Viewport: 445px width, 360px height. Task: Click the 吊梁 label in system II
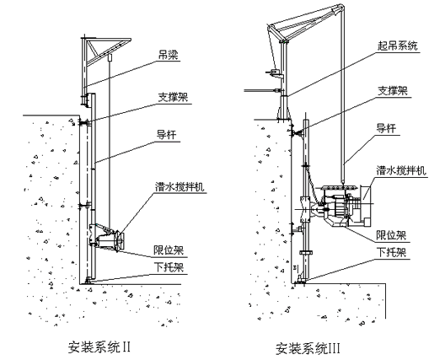point(169,55)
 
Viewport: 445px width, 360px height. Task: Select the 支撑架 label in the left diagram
point(173,98)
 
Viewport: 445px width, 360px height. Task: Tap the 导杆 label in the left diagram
point(166,135)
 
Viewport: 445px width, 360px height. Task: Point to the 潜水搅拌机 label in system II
point(180,187)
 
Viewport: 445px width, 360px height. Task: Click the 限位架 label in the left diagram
point(169,250)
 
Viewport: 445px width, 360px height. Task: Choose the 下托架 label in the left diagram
point(169,267)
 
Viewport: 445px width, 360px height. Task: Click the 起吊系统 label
point(397,46)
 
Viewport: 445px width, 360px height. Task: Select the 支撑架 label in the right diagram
point(393,91)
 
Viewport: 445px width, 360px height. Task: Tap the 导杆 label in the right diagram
point(386,128)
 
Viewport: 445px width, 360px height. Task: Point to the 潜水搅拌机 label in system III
point(401,170)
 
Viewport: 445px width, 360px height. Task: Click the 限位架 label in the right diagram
point(391,235)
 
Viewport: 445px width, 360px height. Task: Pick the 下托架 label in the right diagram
point(391,252)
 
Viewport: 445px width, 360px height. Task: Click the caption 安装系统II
point(99,347)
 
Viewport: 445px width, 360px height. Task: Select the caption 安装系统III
point(308,348)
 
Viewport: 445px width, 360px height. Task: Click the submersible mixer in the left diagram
point(106,237)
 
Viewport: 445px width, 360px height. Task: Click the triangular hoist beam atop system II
point(105,52)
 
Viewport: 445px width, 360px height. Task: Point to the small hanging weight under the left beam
point(110,57)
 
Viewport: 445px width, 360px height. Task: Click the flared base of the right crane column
point(283,108)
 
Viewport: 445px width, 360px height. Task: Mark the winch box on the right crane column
point(275,73)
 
